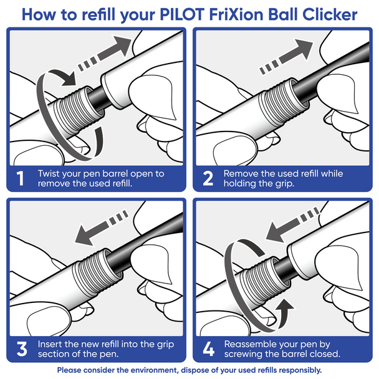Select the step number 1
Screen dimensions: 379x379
(20, 179)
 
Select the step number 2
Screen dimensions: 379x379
(208, 179)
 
